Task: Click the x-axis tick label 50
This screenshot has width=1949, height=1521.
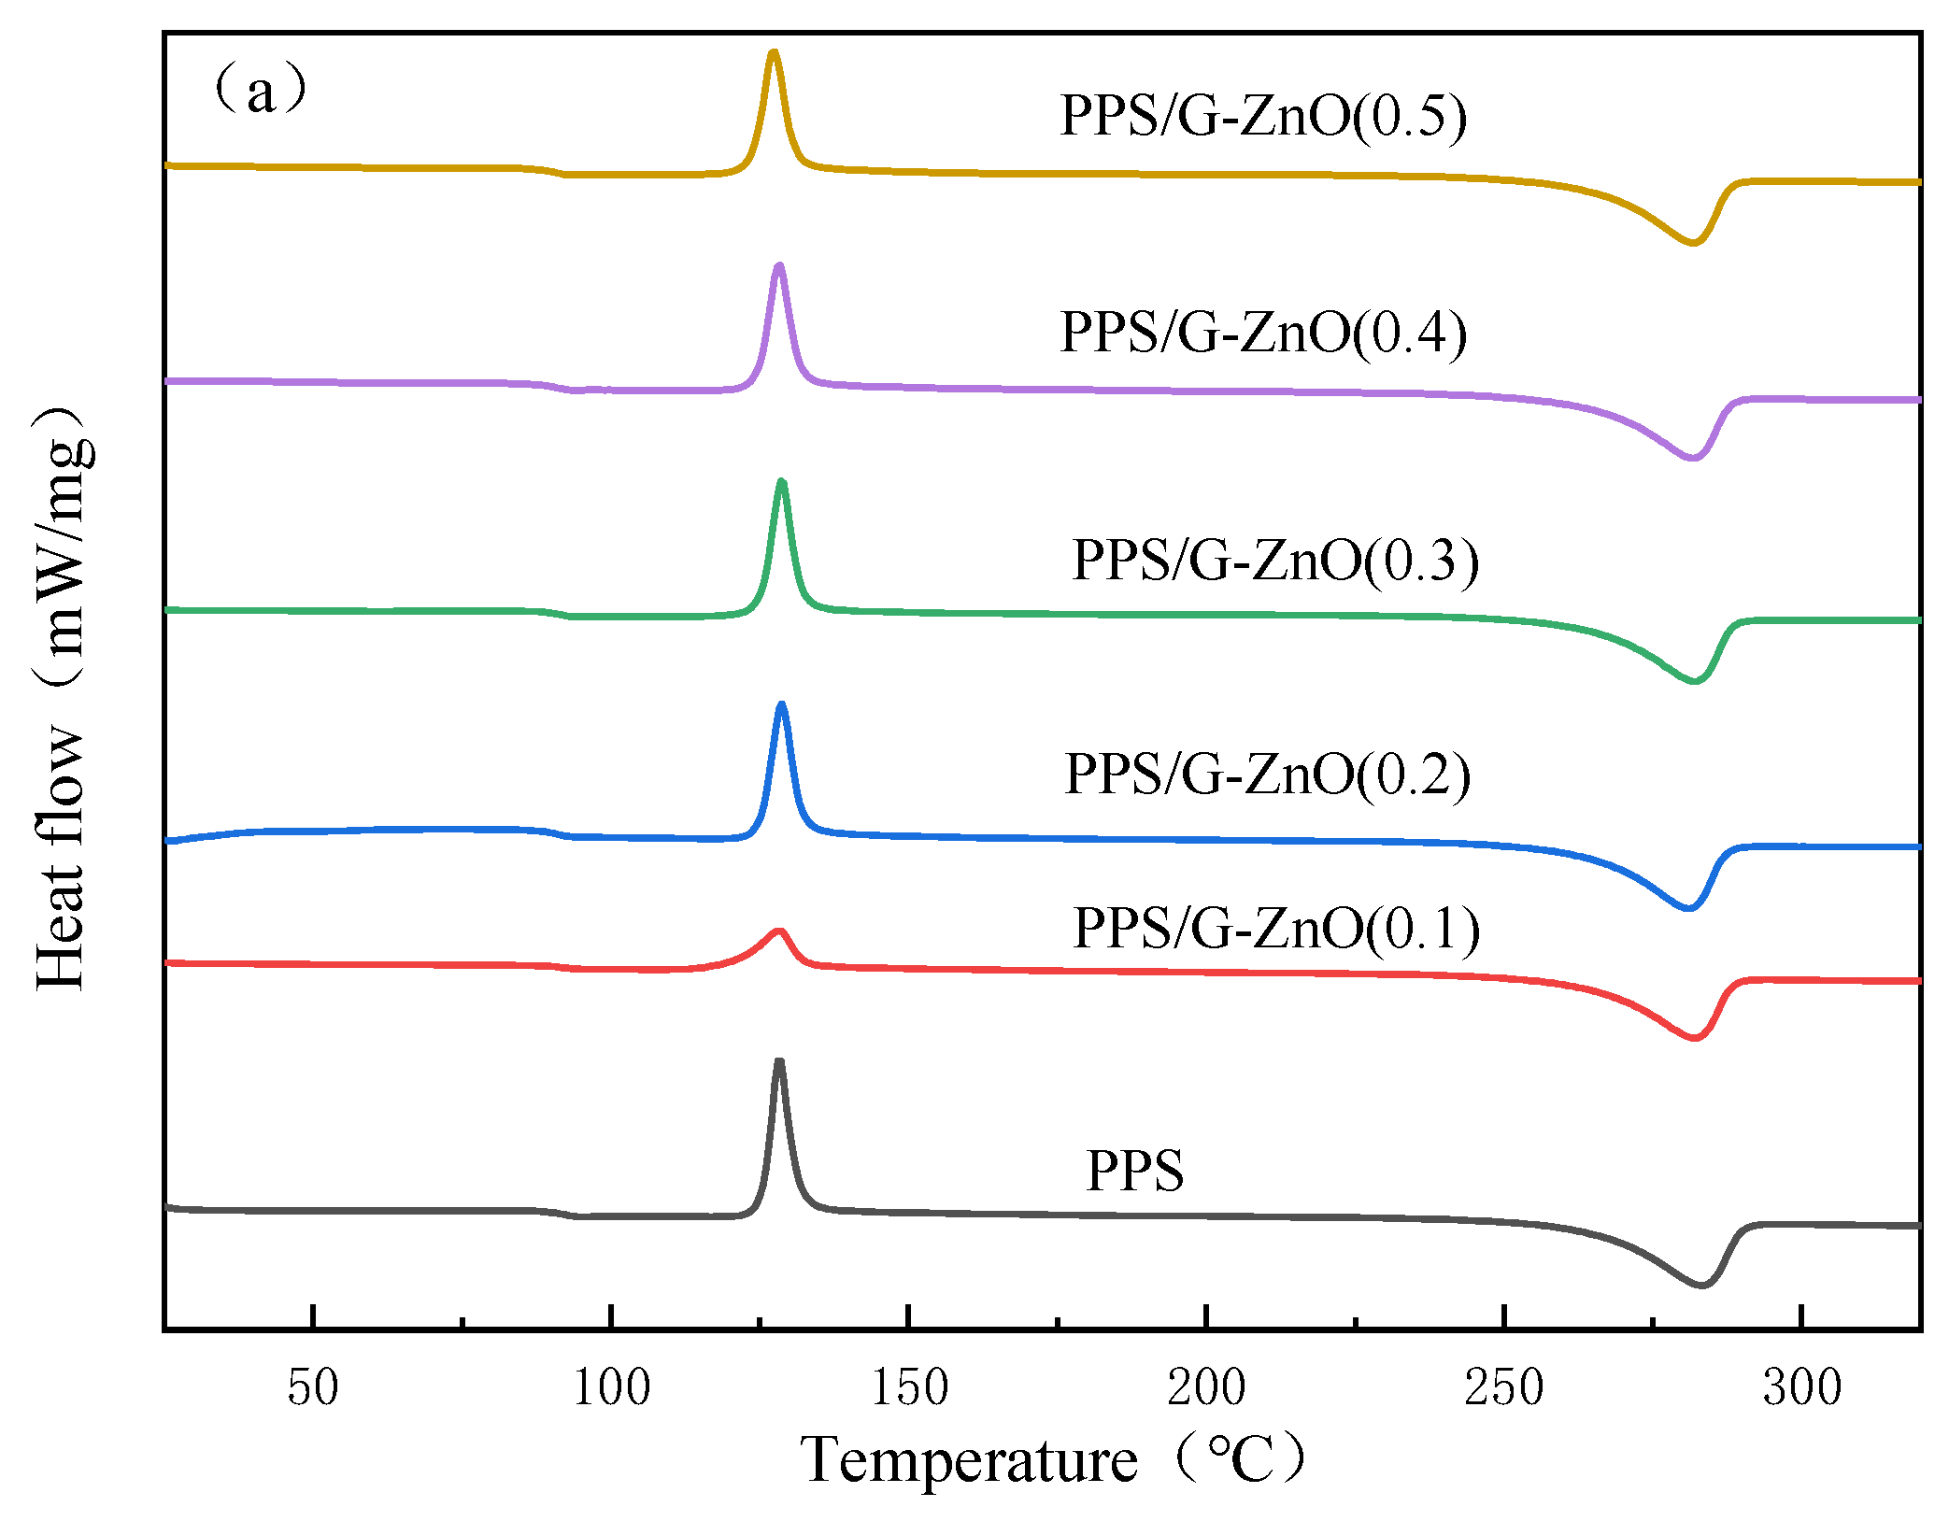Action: (313, 1387)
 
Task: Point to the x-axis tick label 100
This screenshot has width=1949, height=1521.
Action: (611, 1387)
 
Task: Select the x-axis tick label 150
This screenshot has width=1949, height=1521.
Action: (909, 1387)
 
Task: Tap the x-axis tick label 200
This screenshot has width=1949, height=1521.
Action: (1206, 1387)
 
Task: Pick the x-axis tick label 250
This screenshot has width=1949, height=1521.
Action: (1504, 1387)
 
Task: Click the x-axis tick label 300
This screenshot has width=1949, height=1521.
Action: (1802, 1387)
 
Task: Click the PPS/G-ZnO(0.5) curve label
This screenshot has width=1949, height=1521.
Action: (1263, 117)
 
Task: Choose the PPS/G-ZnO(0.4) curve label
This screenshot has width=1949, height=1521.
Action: (1263, 333)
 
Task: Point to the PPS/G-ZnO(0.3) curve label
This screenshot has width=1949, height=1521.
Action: (1275, 561)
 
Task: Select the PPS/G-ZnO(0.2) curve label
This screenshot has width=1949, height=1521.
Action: (1268, 775)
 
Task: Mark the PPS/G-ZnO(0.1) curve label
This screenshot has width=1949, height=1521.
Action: (1276, 929)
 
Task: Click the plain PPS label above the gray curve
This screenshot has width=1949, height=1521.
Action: (1134, 1171)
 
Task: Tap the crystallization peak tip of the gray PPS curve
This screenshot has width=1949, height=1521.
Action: (779, 1061)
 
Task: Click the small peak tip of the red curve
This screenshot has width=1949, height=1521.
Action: (778, 931)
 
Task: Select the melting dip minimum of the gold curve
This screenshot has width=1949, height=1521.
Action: (1693, 243)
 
